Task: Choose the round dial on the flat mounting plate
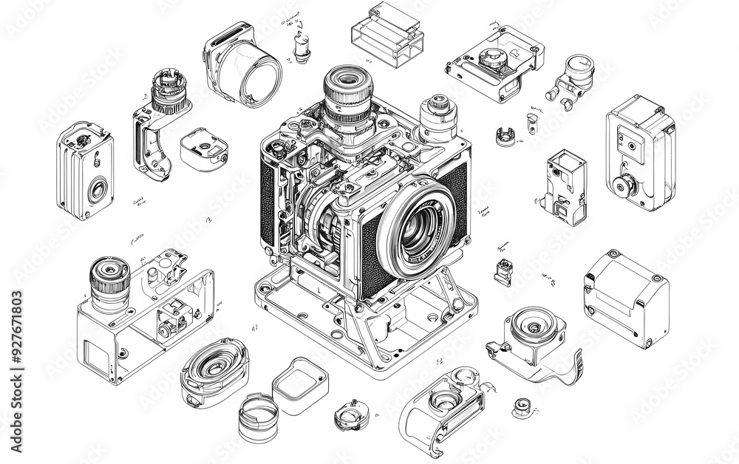492,58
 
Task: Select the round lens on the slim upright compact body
97,190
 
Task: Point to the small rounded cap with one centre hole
203,147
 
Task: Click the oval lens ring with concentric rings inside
214,367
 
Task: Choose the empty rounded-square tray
300,385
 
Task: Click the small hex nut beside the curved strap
522,405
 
